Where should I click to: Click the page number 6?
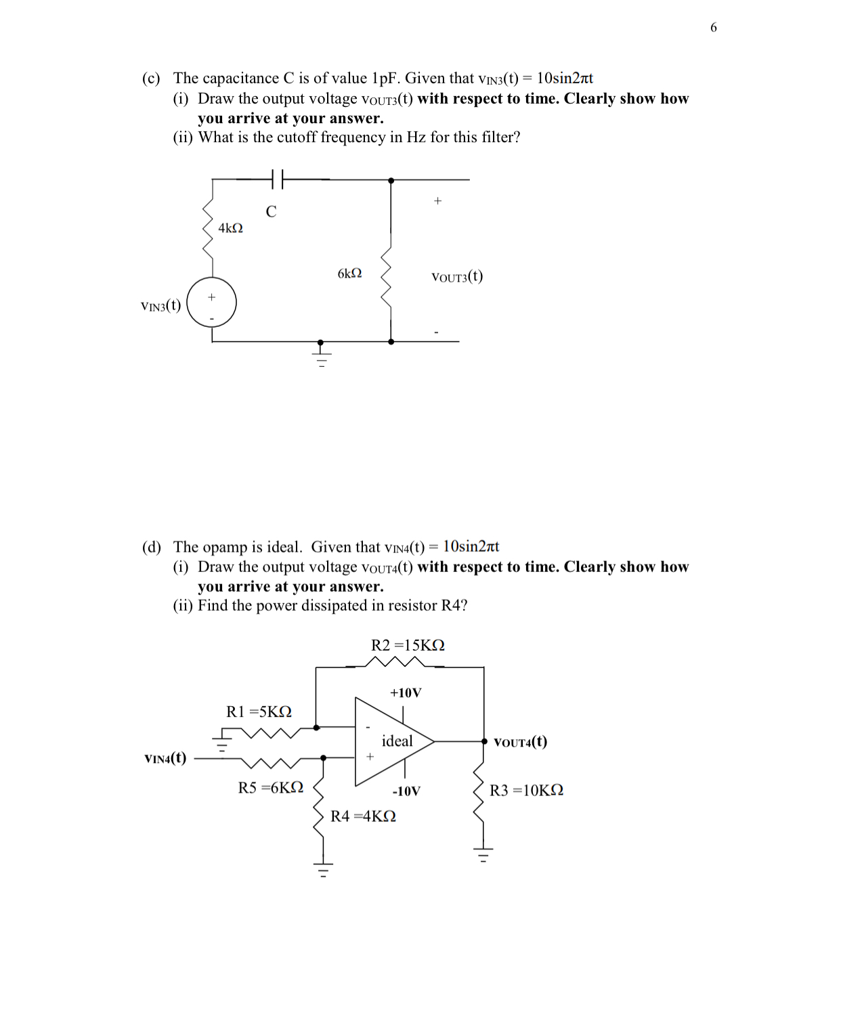click(x=713, y=28)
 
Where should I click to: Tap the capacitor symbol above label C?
click(x=277, y=179)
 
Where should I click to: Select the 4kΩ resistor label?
click(x=230, y=228)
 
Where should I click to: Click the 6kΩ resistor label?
click(x=349, y=273)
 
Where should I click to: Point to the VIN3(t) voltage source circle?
click(x=212, y=302)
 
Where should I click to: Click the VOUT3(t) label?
click(x=457, y=276)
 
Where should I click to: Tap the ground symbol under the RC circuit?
click(x=322, y=355)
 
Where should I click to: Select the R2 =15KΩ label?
click(x=408, y=645)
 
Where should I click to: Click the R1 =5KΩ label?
click(x=259, y=711)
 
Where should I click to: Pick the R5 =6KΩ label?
click(x=270, y=787)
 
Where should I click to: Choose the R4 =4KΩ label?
click(x=363, y=816)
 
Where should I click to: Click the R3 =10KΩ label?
click(x=526, y=791)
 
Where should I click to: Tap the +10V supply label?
click(x=406, y=692)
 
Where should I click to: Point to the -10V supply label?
click(x=406, y=791)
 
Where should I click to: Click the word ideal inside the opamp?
click(x=397, y=741)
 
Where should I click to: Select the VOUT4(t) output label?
click(x=520, y=742)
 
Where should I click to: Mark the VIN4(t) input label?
click(x=165, y=758)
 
